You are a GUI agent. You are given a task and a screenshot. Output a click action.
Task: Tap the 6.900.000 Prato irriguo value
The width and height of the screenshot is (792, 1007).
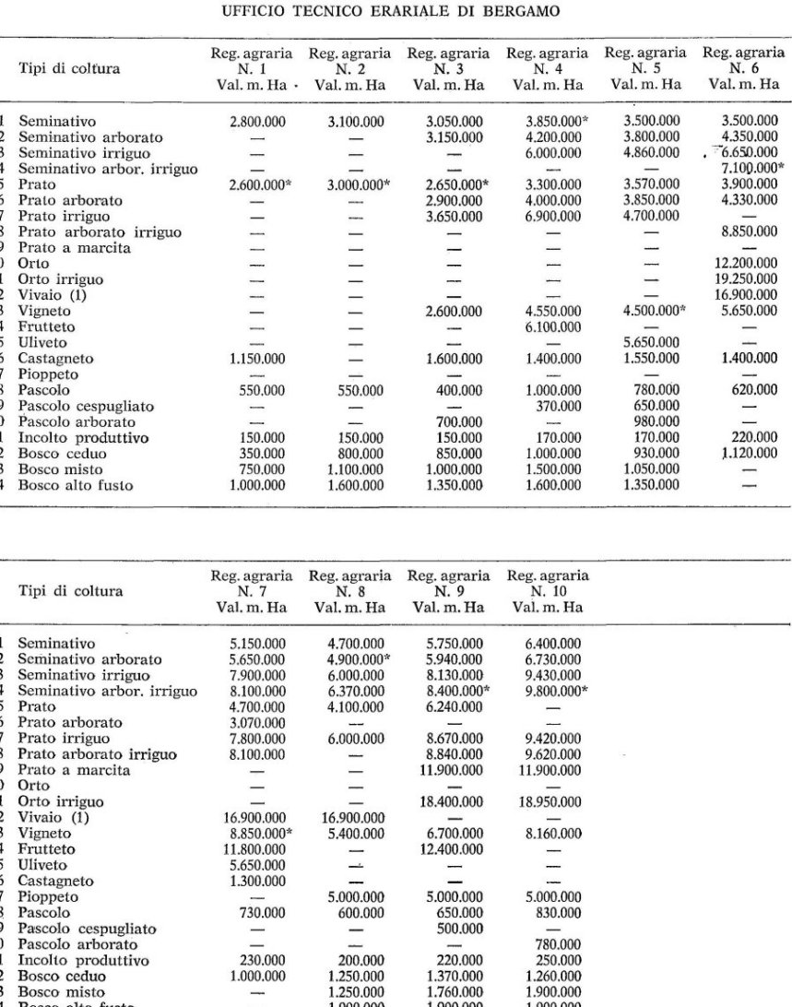coord(550,216)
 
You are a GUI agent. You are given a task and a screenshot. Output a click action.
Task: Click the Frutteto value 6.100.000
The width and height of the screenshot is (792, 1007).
coord(550,326)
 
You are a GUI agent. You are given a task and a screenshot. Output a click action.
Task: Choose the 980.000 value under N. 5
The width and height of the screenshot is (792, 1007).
coord(652,421)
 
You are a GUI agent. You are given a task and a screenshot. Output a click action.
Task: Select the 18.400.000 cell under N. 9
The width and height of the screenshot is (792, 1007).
coord(450,801)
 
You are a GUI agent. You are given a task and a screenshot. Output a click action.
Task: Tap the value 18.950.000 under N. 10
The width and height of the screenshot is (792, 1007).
coord(550,801)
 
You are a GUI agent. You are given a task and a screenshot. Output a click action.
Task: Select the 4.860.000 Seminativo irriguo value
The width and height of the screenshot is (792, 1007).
coord(652,153)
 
